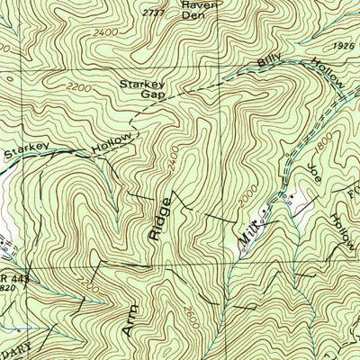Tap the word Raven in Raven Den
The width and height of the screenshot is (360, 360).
coord(195,4)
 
